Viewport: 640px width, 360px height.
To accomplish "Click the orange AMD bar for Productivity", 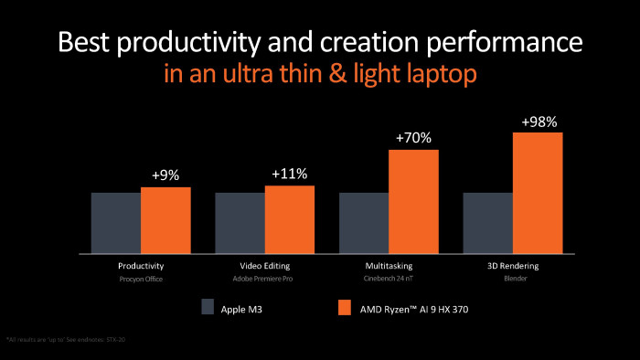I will (x=165, y=220).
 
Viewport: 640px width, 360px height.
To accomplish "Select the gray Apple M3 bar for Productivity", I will (x=115, y=223).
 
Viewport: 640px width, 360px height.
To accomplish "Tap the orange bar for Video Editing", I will (x=290, y=219).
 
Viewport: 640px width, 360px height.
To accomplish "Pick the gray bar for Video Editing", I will (x=240, y=223).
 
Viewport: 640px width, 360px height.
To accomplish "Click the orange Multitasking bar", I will (x=414, y=201).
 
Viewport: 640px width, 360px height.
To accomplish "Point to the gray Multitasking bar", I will (x=364, y=223).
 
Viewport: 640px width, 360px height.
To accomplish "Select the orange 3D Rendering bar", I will (x=538, y=193).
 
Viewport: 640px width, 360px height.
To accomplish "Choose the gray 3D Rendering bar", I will (x=488, y=223).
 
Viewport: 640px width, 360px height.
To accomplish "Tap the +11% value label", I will (x=290, y=174).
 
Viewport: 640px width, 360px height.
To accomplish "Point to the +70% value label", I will (x=414, y=138).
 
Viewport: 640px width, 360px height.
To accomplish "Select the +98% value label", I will (x=538, y=121).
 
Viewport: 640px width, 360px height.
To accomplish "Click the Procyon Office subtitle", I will (x=141, y=279).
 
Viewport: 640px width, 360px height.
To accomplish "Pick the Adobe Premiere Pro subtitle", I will (x=265, y=279).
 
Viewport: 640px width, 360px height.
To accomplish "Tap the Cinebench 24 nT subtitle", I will (x=389, y=279).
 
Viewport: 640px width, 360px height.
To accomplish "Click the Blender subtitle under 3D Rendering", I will (x=513, y=279).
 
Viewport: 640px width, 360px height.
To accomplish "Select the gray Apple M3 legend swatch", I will (x=208, y=308).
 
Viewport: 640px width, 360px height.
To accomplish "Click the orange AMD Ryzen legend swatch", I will (x=346, y=308).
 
